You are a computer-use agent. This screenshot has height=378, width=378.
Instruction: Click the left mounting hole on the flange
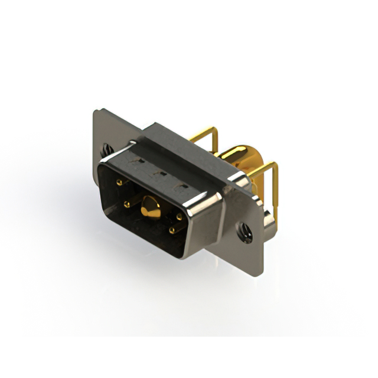107,150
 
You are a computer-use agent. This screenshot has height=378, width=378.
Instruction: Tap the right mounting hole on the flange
244,232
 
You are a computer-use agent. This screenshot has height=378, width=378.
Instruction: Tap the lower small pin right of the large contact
171,230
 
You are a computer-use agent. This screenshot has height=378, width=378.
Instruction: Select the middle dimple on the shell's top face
159,174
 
